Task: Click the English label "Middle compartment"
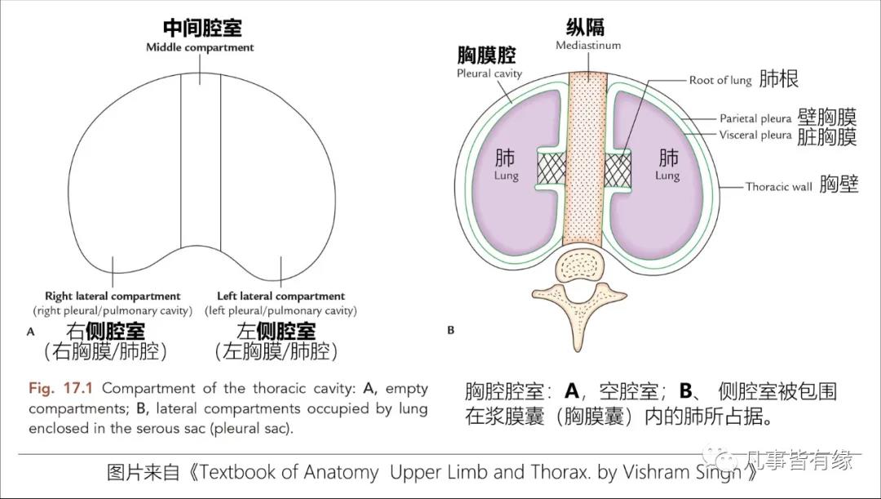(200, 47)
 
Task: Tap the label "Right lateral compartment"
(113, 296)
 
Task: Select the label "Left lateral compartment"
(281, 296)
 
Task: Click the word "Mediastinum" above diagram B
(588, 46)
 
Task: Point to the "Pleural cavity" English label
(489, 74)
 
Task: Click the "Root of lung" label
(719, 80)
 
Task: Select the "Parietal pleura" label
(755, 119)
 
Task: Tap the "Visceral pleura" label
(755, 135)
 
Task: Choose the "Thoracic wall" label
(778, 186)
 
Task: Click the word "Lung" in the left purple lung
(506, 176)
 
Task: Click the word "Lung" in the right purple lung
(666, 176)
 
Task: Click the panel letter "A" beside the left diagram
(31, 332)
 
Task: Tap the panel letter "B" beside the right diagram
(450, 331)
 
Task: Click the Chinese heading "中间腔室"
(201, 29)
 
